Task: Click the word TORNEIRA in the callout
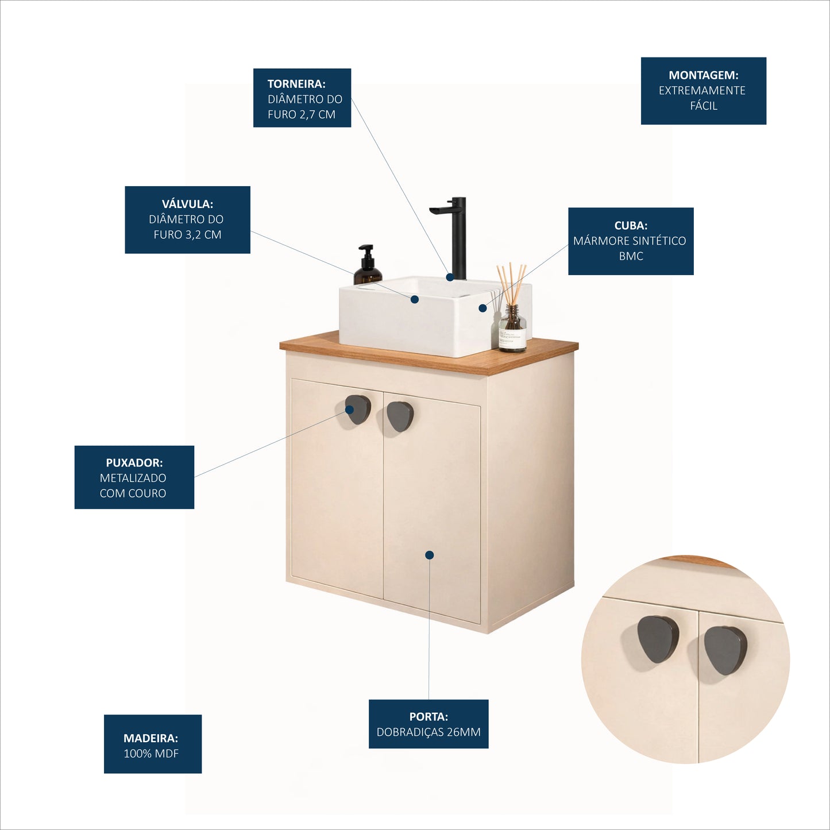(296, 83)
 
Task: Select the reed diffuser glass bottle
(512, 328)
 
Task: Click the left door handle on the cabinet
(358, 410)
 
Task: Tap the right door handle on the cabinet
(400, 416)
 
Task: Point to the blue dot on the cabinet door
(429, 555)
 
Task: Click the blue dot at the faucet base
(450, 277)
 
